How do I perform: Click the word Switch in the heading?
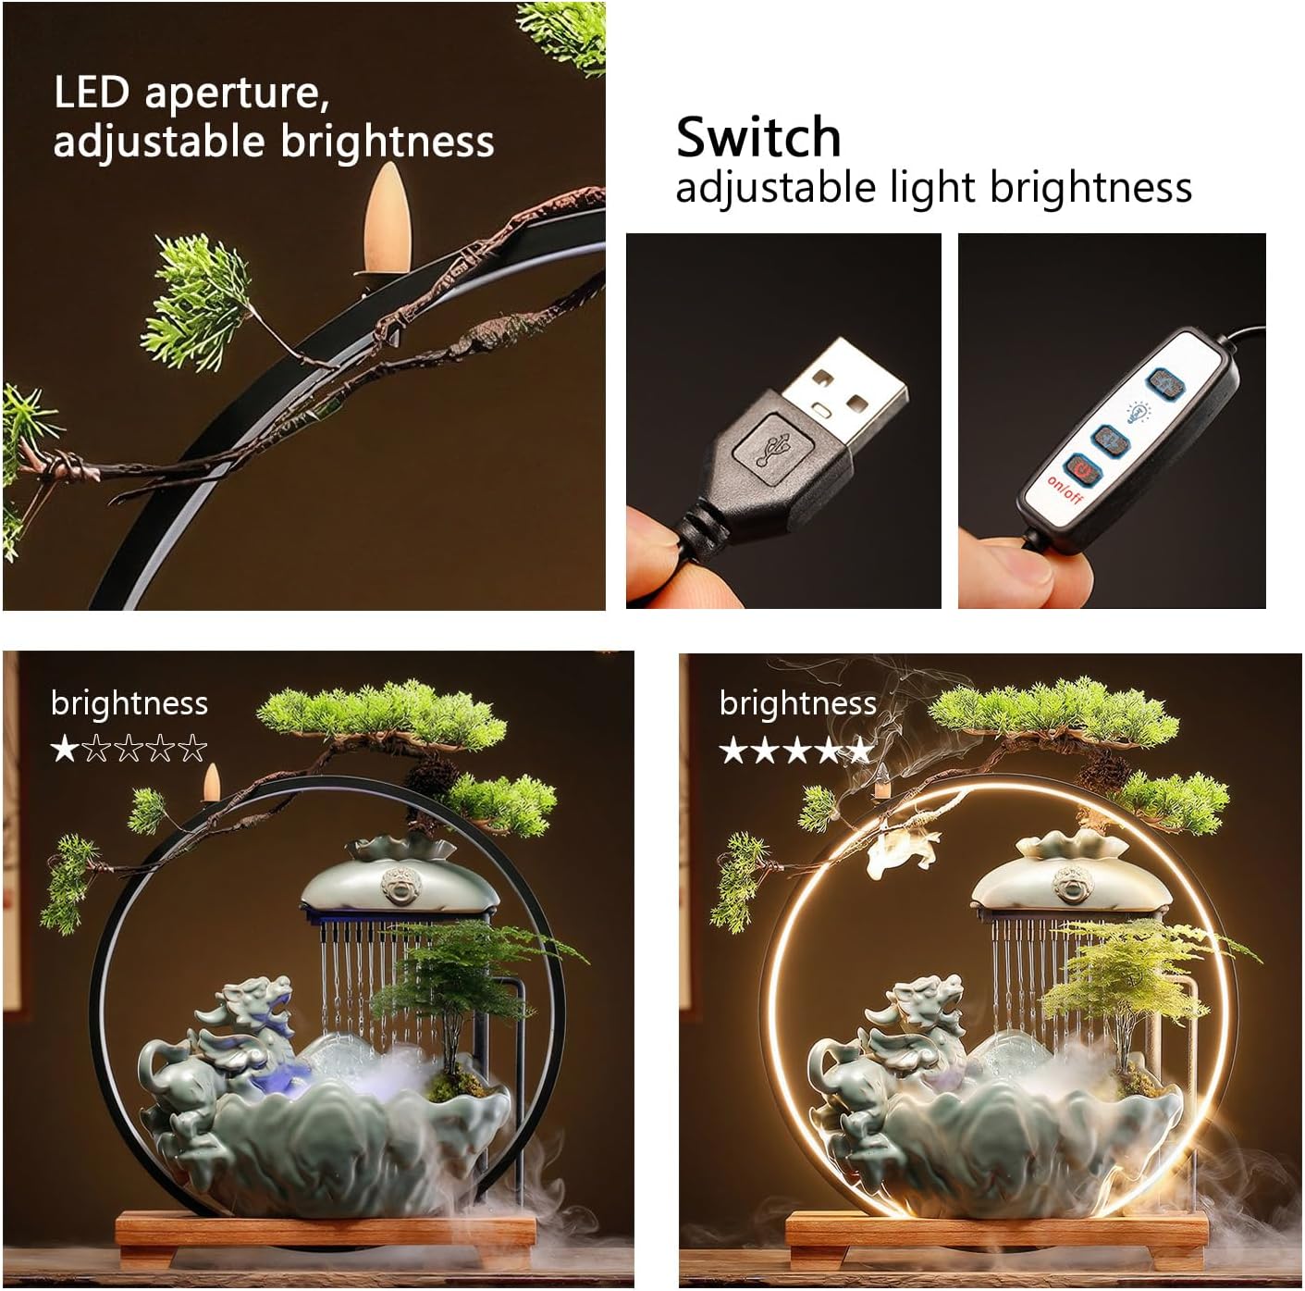[757, 137]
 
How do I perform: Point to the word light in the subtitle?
[932, 187]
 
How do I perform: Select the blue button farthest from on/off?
[1164, 384]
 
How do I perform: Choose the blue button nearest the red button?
[1111, 441]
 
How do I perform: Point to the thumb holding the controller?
[1029, 568]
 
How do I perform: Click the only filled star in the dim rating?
[65, 748]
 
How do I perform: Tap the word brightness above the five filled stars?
[798, 703]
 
